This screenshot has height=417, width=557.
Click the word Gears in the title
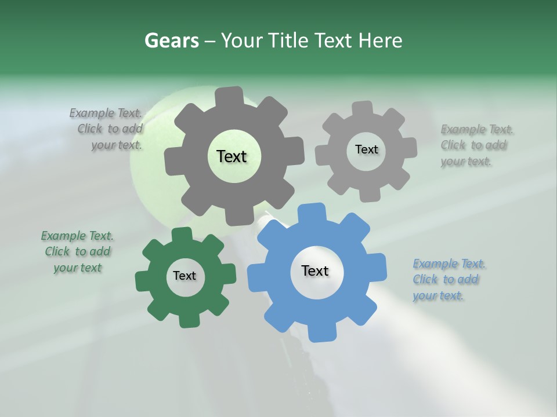[171, 41]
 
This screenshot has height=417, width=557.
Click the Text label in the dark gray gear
[232, 156]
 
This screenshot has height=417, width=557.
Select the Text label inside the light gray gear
[366, 149]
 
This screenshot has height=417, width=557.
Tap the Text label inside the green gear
[185, 276]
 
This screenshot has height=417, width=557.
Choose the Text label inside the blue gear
[315, 270]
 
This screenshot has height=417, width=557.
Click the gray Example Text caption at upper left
[106, 129]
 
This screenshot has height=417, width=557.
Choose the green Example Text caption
[77, 251]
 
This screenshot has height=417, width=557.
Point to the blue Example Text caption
[449, 280]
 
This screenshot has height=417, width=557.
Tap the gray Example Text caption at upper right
[476, 145]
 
